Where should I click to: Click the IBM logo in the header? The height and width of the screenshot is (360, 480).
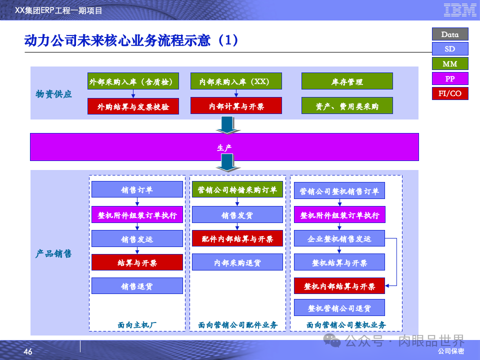[x=456, y=9]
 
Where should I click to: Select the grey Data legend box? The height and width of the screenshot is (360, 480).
[x=450, y=34]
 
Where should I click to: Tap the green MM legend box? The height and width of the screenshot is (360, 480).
[x=450, y=63]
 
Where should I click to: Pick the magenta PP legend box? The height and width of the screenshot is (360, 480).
[x=450, y=78]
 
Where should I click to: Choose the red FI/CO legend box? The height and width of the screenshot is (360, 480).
[x=450, y=93]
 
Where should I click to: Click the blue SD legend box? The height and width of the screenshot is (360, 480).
[x=450, y=49]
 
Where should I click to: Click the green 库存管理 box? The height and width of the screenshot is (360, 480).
[x=347, y=81]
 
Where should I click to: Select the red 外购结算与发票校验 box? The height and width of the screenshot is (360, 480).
[x=133, y=106]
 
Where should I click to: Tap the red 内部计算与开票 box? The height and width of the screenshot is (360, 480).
[x=236, y=106]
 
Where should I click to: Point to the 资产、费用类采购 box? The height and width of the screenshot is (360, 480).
[x=347, y=106]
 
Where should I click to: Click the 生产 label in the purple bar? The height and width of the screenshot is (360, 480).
[x=224, y=147]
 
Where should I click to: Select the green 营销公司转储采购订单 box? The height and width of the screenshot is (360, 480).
[x=237, y=189]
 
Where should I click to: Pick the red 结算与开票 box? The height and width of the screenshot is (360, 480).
[x=137, y=262]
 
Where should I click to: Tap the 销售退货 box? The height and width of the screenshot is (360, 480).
[x=137, y=286]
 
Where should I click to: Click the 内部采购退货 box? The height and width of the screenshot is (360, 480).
[x=237, y=262]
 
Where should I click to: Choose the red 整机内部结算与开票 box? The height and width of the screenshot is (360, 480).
[x=339, y=286]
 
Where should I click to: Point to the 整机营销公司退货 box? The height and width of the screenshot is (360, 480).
[x=339, y=308]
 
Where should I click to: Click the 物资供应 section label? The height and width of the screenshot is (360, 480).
[x=54, y=94]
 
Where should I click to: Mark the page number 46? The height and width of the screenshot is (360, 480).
[x=28, y=352]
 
